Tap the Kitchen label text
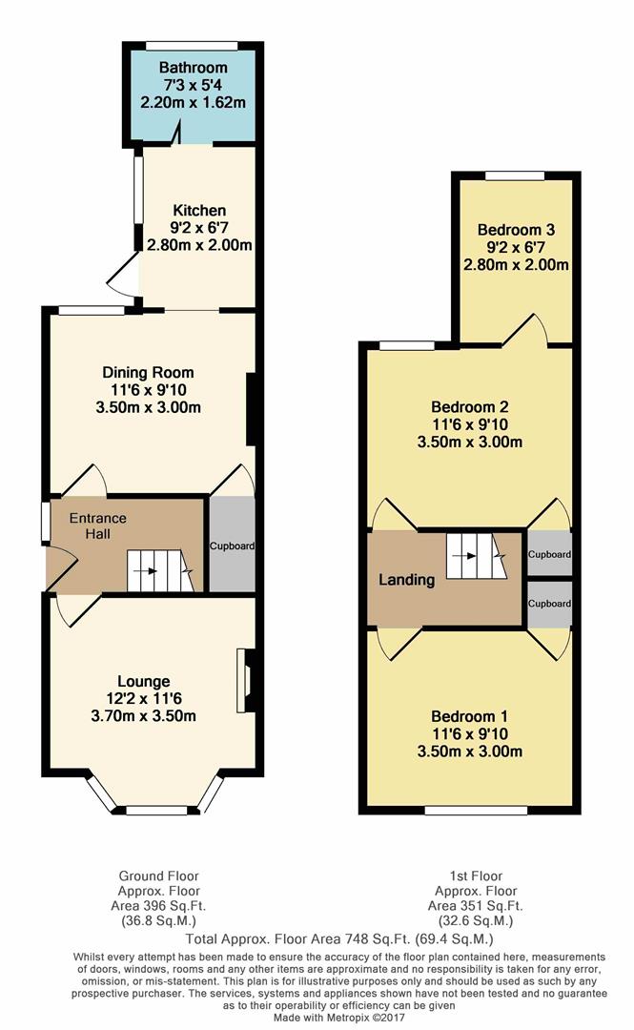tap(199, 210)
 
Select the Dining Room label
tap(148, 372)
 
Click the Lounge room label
tap(144, 681)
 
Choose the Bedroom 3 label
tap(516, 230)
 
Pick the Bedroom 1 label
tap(470, 716)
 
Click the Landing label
tap(407, 579)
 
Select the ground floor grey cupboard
tap(232, 546)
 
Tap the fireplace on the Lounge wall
tap(247, 678)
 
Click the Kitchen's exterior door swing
tap(124, 278)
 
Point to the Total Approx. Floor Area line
tap(316, 938)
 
